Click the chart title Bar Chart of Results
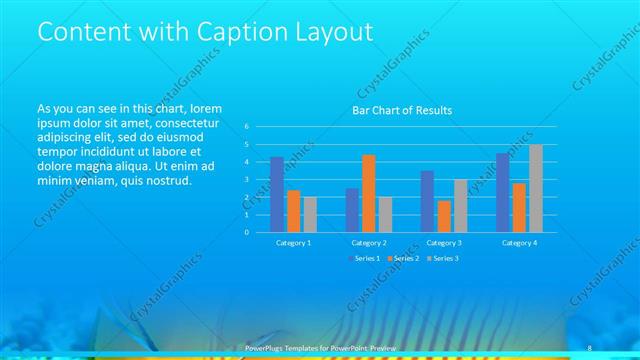pos(402,110)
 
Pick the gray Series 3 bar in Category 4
pos(535,188)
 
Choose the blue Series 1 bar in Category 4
pos(503,192)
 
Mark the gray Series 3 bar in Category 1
pos(309,214)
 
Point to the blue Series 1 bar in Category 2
pos(352,209)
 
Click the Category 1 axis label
pos(293,242)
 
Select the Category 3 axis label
pos(444,242)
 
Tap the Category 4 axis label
pos(519,242)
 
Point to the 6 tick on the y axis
pos(246,127)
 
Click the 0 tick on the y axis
pos(246,232)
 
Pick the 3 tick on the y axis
pos(246,179)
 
